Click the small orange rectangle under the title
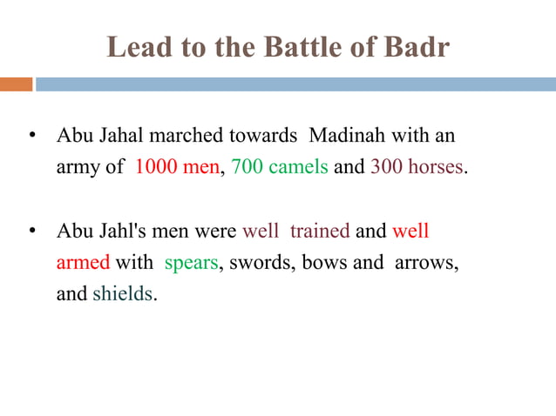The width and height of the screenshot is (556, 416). point(16,84)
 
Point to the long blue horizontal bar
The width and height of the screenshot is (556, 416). point(295,84)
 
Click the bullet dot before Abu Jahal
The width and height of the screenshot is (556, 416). point(31,138)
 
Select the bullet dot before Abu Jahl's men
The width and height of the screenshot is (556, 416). point(31,232)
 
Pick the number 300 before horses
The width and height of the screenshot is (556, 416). point(386,167)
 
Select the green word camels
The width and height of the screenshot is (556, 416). point(297,167)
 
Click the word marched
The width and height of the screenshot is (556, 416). point(187,138)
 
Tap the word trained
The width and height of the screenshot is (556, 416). point(319,232)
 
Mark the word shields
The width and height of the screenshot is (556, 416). point(122,293)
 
